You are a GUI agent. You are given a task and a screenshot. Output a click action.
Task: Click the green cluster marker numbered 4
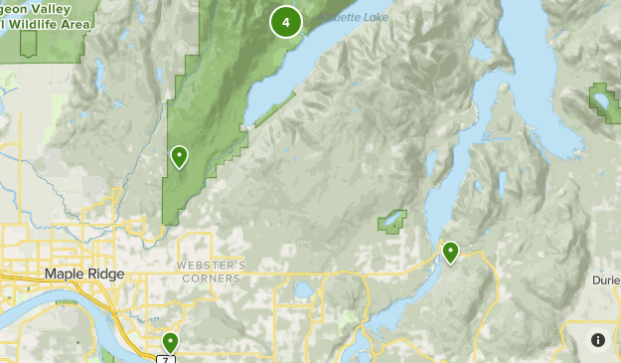pos(286,21)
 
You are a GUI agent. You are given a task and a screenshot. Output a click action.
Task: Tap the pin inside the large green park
pos(180,156)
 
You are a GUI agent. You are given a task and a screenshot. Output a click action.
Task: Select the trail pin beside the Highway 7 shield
pos(171,343)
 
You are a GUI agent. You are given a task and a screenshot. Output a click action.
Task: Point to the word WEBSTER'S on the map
pos(211,267)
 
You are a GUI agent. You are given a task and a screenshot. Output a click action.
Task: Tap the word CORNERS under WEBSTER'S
pos(211,279)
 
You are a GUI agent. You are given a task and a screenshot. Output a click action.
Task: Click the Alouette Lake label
pos(352,17)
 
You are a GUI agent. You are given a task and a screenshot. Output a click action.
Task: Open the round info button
pos(597,340)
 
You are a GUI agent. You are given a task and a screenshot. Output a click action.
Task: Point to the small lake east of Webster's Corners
pos(302,291)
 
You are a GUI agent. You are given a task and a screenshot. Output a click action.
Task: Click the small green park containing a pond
pos(392,220)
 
